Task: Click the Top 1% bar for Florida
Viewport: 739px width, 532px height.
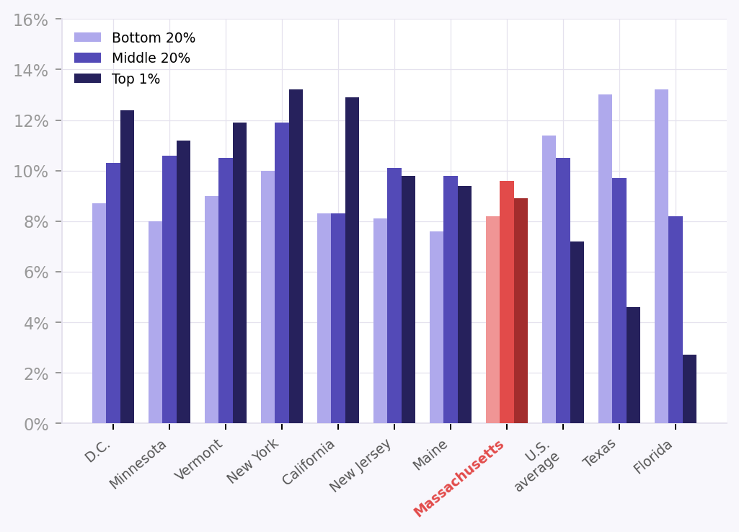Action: click(x=689, y=389)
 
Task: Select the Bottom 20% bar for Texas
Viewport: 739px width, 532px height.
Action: click(x=605, y=259)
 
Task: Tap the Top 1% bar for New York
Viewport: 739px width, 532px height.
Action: click(x=296, y=256)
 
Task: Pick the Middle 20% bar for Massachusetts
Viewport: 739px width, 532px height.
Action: click(x=507, y=302)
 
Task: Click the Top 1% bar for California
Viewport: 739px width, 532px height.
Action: click(x=352, y=260)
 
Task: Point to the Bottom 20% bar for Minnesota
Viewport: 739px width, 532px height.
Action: click(x=155, y=322)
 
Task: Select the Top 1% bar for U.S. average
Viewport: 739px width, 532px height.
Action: click(x=577, y=332)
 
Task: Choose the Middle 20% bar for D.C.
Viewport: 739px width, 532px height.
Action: click(x=113, y=293)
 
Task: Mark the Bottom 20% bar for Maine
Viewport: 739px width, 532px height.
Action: click(x=436, y=327)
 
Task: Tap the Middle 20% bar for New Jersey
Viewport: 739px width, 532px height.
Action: click(x=394, y=296)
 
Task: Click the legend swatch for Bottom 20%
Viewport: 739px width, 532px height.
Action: click(x=87, y=37)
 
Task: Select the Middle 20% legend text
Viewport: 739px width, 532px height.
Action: click(x=151, y=58)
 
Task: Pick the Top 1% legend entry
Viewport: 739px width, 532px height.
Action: click(x=136, y=79)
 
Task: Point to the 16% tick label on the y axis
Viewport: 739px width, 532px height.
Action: click(x=31, y=20)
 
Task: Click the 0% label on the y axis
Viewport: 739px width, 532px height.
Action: click(x=36, y=425)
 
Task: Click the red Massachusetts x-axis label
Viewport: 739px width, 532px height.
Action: click(x=460, y=478)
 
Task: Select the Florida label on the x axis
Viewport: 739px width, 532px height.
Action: click(x=653, y=457)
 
